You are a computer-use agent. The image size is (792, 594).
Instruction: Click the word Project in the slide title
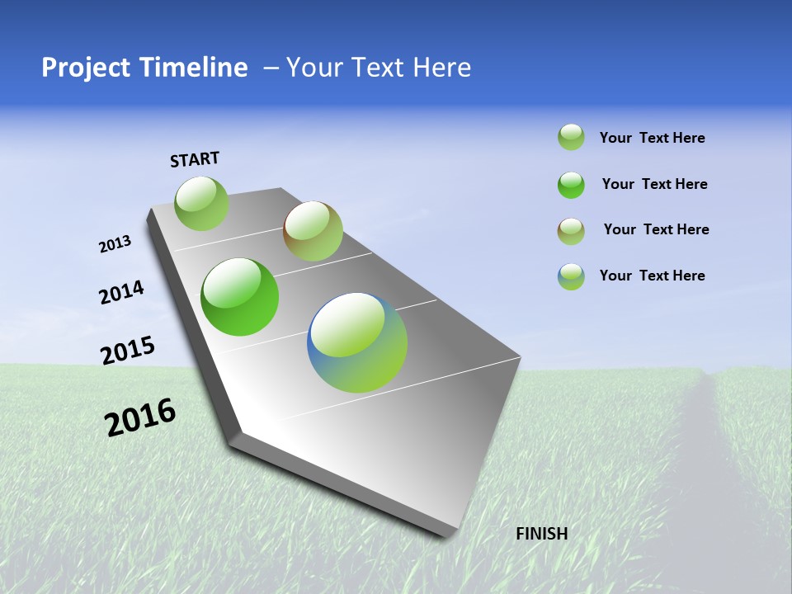[x=85, y=68]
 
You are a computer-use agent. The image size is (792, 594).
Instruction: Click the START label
[x=195, y=159]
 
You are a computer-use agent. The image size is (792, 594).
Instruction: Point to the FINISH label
[x=541, y=534]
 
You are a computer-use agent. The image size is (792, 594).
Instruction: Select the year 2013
[x=115, y=244]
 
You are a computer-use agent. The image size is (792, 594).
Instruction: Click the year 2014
[x=122, y=292]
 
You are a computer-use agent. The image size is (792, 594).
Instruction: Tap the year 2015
[x=128, y=351]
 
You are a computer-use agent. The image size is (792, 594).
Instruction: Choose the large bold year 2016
[x=140, y=417]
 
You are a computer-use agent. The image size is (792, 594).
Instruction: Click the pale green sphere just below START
[x=202, y=203]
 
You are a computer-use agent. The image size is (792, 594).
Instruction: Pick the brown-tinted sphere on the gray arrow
[x=313, y=231]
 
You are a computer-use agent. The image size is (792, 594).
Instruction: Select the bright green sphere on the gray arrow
[x=240, y=297]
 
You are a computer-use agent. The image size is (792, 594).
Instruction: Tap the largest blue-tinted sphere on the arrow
[x=357, y=342]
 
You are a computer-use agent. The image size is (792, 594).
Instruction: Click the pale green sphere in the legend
[x=571, y=137]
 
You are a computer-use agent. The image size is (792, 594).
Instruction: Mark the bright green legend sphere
[x=571, y=185]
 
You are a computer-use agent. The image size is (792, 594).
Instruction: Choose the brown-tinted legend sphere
[x=571, y=231]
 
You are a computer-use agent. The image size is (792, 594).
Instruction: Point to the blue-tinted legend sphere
[x=571, y=276]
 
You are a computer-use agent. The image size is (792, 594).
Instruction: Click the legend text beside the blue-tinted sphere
[x=652, y=276]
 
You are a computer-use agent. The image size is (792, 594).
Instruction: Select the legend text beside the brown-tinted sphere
[x=656, y=229]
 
